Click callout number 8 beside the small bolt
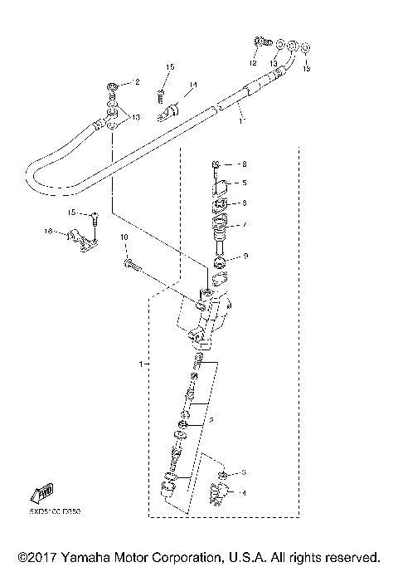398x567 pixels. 244,164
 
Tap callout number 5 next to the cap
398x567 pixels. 244,183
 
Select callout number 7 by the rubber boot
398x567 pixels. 244,225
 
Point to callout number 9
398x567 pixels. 244,257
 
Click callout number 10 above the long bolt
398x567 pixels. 125,238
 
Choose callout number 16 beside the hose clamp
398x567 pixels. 49,232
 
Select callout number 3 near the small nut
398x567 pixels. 244,472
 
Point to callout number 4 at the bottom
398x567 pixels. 244,493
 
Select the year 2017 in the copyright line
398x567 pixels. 39,555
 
